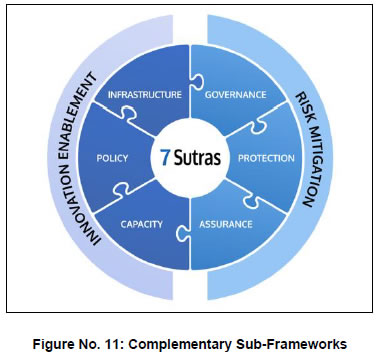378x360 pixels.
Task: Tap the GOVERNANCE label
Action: coord(235,95)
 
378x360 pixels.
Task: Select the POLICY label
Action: coord(112,158)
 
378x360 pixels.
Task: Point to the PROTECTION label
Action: coord(266,158)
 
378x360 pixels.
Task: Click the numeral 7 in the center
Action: coord(164,158)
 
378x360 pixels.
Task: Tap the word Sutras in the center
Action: coord(197,158)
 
